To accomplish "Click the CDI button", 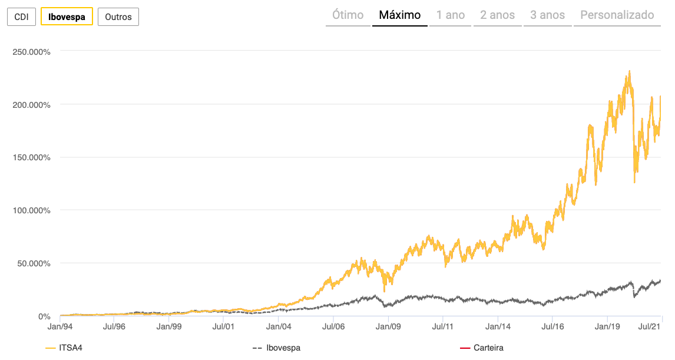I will click(21, 17).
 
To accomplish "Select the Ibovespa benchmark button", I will click(67, 17).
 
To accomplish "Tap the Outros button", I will click(118, 17).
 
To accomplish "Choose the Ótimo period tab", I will click(348, 15).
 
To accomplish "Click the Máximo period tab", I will click(400, 15).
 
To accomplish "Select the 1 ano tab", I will click(451, 15).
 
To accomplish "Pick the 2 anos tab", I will click(497, 15).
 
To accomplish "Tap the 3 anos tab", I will click(547, 15).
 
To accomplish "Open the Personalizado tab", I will click(617, 15).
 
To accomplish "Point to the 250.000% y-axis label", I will click(31, 52).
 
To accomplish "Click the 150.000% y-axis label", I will click(31, 157).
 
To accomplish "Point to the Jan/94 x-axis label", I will click(60, 325).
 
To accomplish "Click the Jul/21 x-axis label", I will click(650, 325).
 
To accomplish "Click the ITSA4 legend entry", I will click(65, 348).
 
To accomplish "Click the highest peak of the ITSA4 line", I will click(630, 71).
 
